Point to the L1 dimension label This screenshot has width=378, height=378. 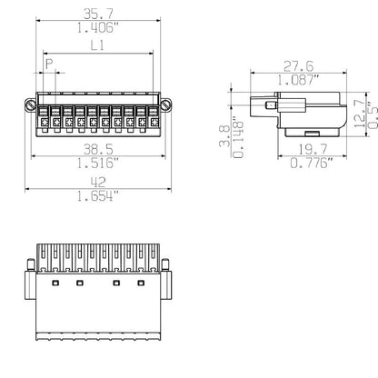coord(96,45)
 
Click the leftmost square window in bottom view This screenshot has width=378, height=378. coord(55,284)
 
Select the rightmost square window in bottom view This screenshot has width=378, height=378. coord(140,284)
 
